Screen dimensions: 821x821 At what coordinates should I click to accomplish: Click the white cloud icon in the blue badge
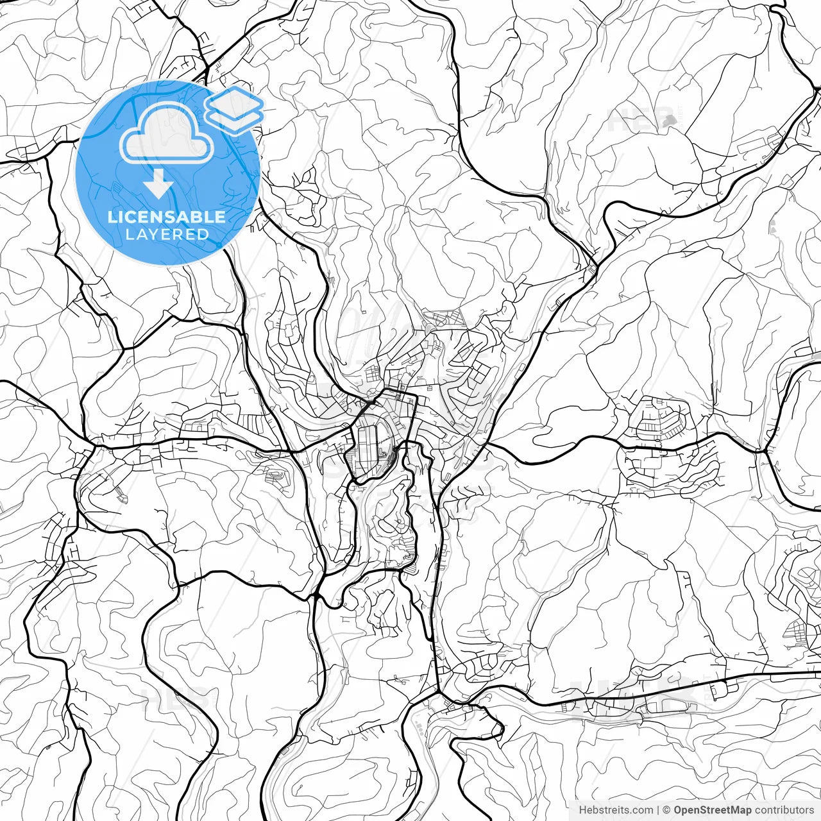[x=167, y=133]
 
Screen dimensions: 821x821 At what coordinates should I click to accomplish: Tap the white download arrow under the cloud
[x=158, y=185]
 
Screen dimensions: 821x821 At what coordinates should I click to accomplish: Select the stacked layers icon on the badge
[x=234, y=109]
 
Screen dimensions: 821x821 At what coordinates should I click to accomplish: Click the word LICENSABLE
[x=167, y=217]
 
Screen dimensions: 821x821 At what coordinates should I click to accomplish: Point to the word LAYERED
[x=167, y=234]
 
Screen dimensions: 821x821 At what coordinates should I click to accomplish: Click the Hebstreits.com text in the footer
[x=616, y=810]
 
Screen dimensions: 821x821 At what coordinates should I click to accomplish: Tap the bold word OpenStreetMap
[x=713, y=810]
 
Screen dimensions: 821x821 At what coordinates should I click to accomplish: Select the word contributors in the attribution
[x=784, y=810]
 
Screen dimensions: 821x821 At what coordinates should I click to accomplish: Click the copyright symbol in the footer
[x=667, y=810]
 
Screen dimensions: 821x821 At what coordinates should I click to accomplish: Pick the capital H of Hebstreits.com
[x=582, y=810]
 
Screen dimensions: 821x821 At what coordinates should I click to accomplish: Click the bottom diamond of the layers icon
[x=234, y=119]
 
